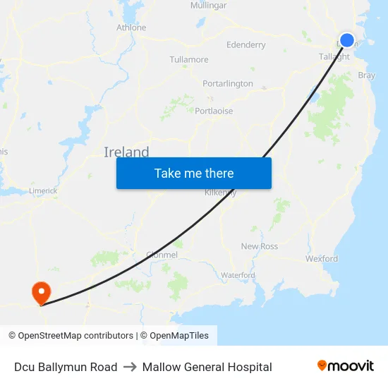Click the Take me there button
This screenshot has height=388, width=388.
tap(194, 173)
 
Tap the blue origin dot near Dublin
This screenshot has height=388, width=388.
tap(347, 40)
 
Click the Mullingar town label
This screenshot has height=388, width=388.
tap(208, 6)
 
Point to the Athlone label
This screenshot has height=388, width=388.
tap(131, 28)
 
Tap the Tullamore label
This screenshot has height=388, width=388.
tap(189, 59)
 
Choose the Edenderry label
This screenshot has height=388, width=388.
tap(246, 45)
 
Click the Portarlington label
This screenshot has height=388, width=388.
tap(228, 83)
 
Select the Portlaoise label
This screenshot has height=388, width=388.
tap(214, 111)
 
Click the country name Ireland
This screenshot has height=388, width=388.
tap(126, 152)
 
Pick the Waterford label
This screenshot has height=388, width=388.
tap(238, 274)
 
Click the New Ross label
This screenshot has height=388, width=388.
tap(260, 246)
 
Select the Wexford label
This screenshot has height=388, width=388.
tap(322, 259)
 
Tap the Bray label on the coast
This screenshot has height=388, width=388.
tap(367, 75)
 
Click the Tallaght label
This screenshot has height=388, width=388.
tap(334, 56)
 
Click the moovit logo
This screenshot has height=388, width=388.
tap(346, 366)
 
